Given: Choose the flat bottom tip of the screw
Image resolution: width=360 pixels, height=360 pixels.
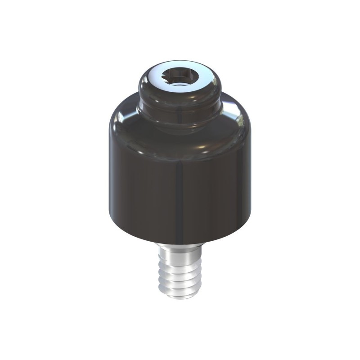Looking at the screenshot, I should click(x=180, y=297).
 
